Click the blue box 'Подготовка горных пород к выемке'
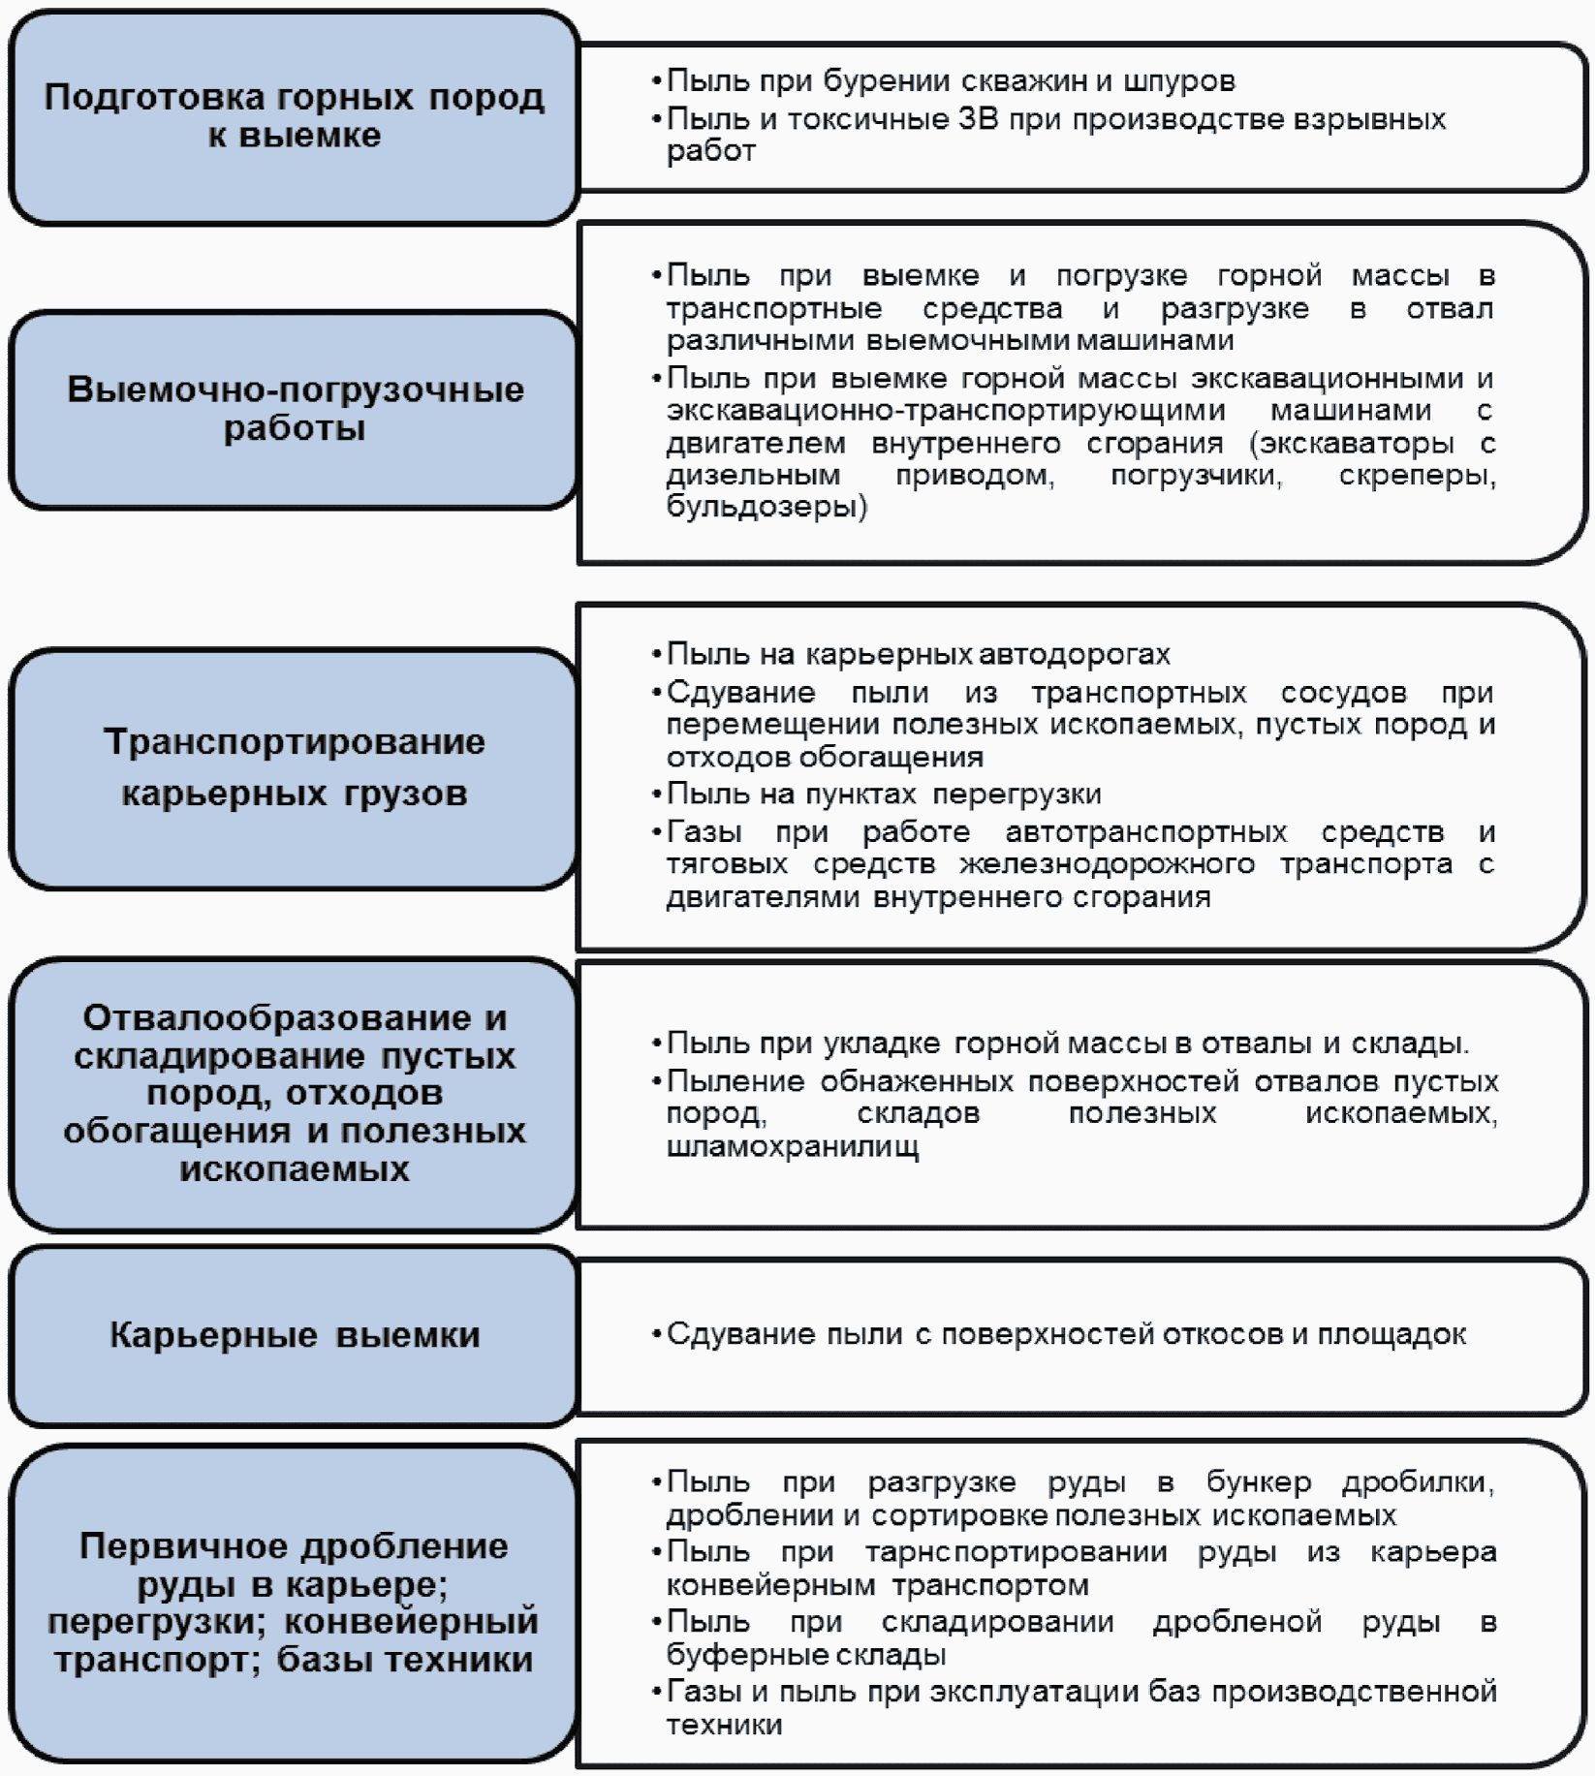[294, 117]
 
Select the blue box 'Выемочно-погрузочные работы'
[294, 410]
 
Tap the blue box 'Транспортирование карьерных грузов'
[294, 768]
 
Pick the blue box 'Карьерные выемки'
[294, 1335]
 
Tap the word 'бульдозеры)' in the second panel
[766, 507]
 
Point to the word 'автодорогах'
[1075, 655]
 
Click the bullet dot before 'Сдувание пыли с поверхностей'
[657, 1335]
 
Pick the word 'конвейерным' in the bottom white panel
[770, 1585]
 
